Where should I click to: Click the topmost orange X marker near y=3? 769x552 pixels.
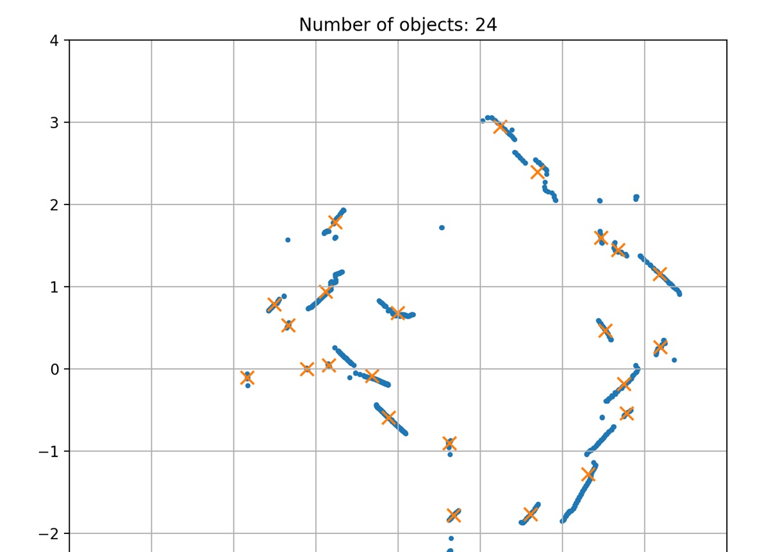tap(500, 126)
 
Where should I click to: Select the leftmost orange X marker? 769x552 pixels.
tap(247, 378)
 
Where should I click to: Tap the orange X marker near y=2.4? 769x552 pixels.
tap(538, 171)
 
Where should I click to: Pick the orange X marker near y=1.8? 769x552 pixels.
tap(335, 222)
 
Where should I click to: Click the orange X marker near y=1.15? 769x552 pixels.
tap(660, 274)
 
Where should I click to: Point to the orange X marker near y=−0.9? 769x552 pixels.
tap(449, 443)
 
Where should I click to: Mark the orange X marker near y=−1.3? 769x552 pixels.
tap(589, 474)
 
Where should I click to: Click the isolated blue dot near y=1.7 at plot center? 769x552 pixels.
tap(442, 228)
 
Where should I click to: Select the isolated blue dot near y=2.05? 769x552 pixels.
tap(600, 201)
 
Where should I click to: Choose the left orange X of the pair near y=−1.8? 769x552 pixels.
tap(454, 515)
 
